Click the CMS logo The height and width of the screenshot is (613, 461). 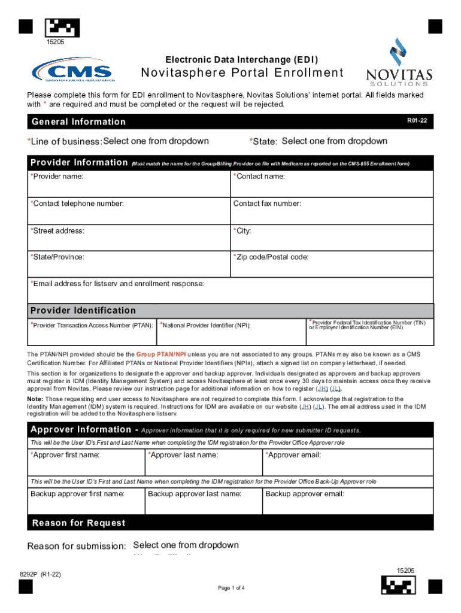tap(72, 71)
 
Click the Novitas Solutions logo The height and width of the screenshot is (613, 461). tap(399, 62)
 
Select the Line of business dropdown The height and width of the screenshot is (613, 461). tap(156, 141)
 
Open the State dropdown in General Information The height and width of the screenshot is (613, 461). tap(334, 141)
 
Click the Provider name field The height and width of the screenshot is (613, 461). tap(129, 184)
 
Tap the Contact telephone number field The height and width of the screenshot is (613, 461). tap(129, 211)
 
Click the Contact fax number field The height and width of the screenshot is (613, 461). tap(332, 211)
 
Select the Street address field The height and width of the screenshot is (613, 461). tap(129, 238)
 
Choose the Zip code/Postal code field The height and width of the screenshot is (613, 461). tap(332, 265)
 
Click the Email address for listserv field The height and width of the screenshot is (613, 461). tap(230, 291)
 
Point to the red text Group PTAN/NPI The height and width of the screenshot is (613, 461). tap(162, 354)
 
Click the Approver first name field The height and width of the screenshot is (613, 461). tap(86, 463)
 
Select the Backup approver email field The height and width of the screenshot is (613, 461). tap(348, 502)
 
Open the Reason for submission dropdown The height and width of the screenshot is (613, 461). tap(186, 545)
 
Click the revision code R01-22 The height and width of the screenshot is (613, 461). tap(417, 121)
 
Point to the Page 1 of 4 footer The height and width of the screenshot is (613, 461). tap(231, 588)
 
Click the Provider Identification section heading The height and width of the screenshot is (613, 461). tap(83, 310)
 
